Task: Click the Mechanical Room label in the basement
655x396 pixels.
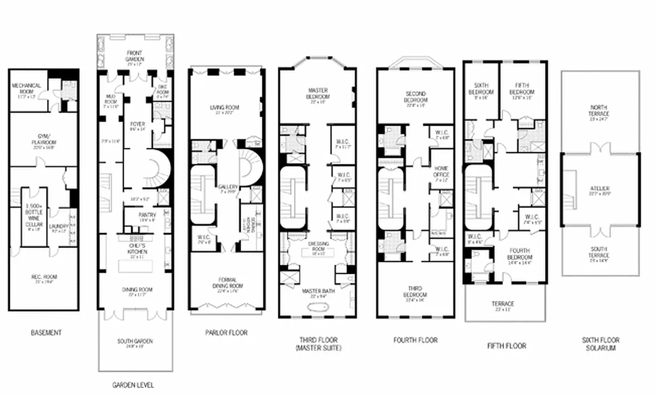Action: (x=26, y=88)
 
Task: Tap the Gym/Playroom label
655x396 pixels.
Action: (x=43, y=137)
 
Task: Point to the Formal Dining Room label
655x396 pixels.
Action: (x=226, y=283)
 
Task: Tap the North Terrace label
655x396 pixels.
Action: (x=600, y=110)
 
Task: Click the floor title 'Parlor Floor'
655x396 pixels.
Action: (x=226, y=332)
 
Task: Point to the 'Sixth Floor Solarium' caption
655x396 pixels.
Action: (x=600, y=344)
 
